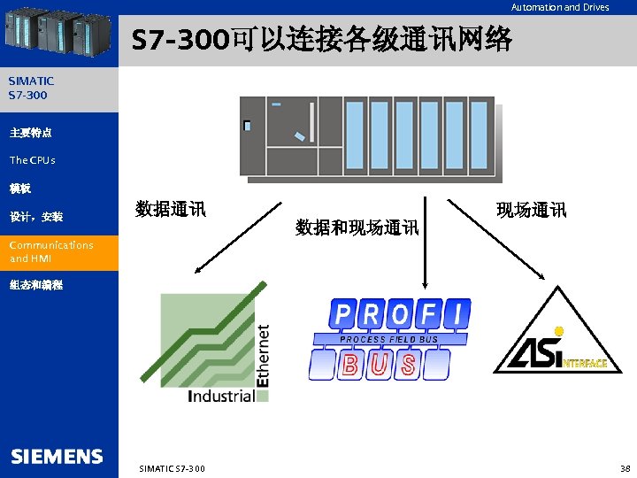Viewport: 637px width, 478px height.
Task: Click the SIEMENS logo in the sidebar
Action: [57, 457]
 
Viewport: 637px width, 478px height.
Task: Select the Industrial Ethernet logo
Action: [215, 345]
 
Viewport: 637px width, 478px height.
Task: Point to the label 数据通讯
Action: [170, 210]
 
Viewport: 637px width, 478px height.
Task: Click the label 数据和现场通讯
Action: [357, 227]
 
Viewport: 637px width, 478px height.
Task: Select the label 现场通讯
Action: [531, 210]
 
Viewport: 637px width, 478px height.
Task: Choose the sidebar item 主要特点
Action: [31, 133]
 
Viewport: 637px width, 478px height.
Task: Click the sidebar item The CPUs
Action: [33, 160]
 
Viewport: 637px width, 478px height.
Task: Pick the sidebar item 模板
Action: [20, 189]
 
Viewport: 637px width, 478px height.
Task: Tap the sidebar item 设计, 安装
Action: [36, 217]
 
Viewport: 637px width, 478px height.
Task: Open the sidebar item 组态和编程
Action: [36, 286]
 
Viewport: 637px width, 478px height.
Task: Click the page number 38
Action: [625, 467]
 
